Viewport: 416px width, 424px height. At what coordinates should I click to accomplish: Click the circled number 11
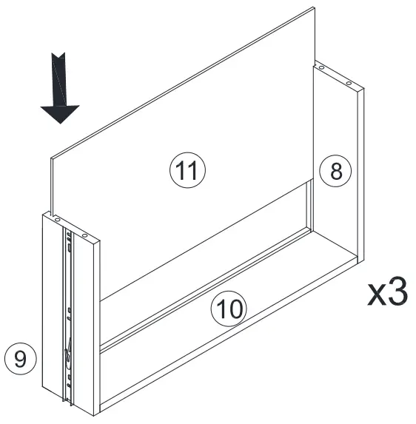pyautogui.click(x=187, y=171)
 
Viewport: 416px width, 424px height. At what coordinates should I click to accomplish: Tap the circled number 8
pyautogui.click(x=335, y=171)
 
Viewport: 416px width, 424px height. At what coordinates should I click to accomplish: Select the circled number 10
pyautogui.click(x=230, y=308)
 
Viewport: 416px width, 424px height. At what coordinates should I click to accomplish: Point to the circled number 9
pyautogui.click(x=20, y=359)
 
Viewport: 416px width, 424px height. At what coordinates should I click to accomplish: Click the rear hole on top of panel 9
pyautogui.click(x=56, y=217)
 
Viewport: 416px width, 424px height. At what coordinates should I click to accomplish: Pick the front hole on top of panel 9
pyautogui.click(x=84, y=236)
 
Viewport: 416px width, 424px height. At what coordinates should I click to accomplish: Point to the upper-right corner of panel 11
pyautogui.click(x=314, y=9)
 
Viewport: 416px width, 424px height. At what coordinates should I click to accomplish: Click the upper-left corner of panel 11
pyautogui.click(x=50, y=158)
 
